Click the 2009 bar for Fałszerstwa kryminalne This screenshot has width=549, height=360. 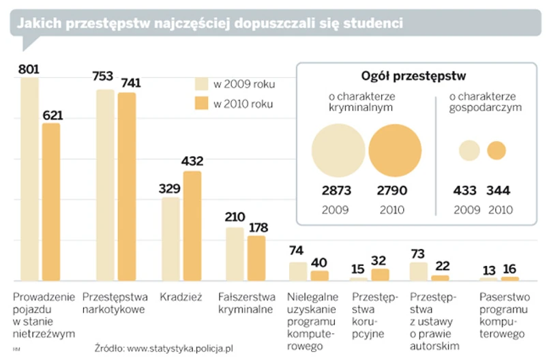coord(235,254)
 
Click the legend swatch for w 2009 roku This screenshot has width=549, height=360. coord(203,85)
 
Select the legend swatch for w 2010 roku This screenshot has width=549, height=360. coord(203,104)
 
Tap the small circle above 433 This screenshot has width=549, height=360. coord(469,151)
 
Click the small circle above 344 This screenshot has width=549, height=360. coord(496,151)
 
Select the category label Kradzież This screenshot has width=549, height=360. coord(179,297)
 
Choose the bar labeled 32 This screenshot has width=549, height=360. coord(380,274)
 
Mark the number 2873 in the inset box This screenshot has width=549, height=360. coord(337,190)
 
